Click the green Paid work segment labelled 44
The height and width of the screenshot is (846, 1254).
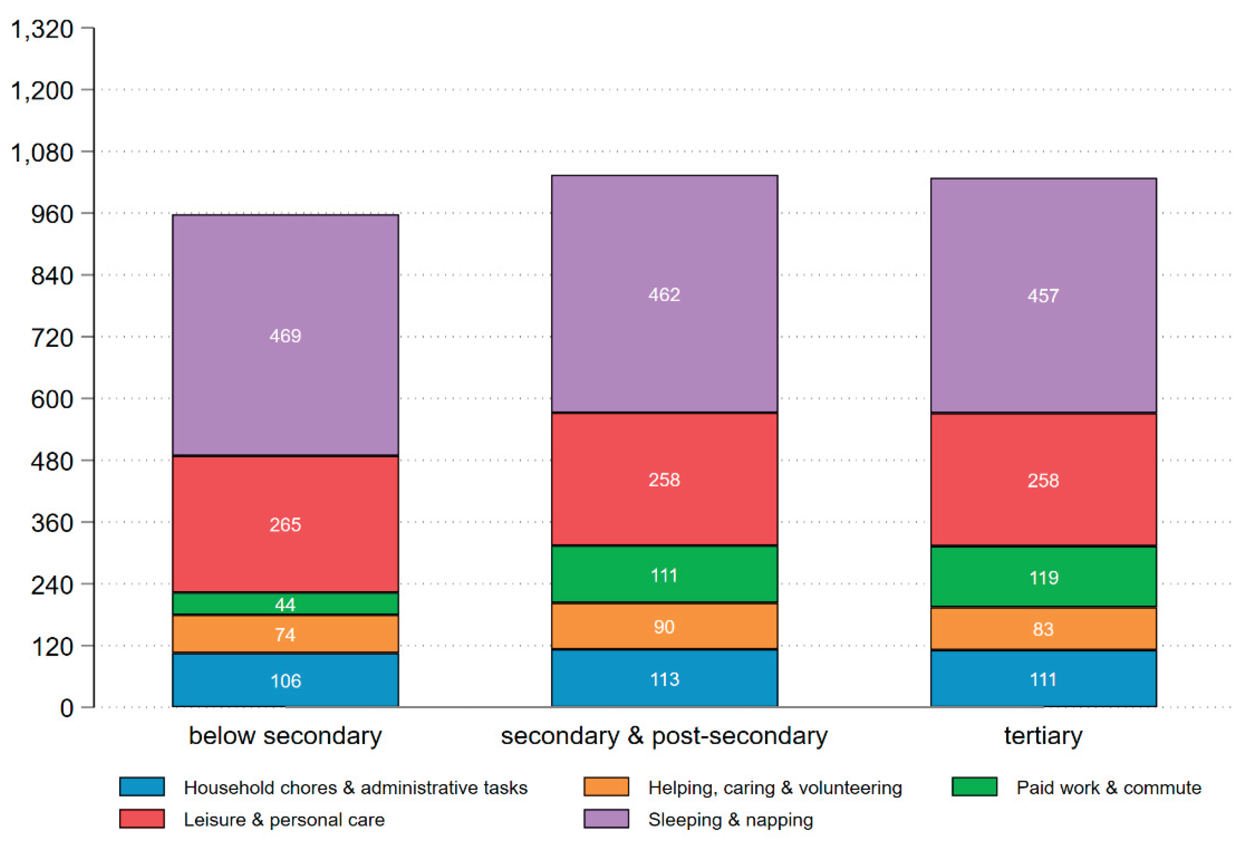coord(285,603)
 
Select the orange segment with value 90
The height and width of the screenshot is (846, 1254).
coord(664,626)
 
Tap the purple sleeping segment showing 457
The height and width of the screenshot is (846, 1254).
coord(1043,296)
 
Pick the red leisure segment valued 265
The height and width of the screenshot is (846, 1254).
coord(285,524)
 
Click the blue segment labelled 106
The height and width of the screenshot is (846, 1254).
coord(285,680)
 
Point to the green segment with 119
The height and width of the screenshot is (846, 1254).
coord(1043,577)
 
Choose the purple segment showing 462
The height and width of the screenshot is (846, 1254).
coord(664,294)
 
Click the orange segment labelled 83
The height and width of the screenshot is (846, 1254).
coord(1043,629)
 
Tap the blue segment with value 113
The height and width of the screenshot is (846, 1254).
coord(664,678)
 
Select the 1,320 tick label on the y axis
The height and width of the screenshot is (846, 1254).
coord(42,29)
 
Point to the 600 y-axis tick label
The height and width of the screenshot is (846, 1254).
coord(52,399)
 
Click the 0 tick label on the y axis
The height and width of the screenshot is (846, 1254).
coord(67,708)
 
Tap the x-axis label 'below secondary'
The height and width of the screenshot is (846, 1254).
coord(285,736)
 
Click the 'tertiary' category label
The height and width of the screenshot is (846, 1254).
coord(1043,736)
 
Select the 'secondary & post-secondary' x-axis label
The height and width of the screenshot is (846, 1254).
coord(664,736)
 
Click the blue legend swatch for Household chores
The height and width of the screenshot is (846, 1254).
coord(142,787)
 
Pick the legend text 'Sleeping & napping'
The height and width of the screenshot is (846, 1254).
coord(730,819)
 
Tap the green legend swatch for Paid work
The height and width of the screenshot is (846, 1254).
coord(975,787)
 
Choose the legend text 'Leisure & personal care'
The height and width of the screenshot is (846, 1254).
coord(284,819)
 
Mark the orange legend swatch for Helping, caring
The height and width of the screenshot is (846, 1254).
coord(606,787)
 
